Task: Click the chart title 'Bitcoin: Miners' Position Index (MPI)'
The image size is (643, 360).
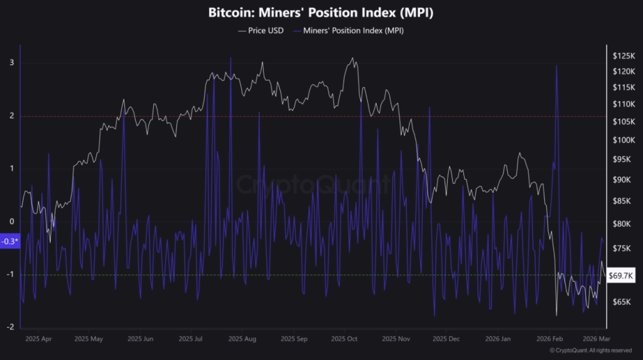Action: (321, 12)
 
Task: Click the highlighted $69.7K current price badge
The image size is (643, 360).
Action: (622, 275)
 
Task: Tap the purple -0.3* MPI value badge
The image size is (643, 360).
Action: (10, 242)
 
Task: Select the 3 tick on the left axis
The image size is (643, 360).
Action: (11, 63)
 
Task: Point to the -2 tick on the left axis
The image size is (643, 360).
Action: (11, 327)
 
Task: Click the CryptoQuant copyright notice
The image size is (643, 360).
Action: (590, 351)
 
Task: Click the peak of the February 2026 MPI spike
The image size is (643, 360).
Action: (557, 66)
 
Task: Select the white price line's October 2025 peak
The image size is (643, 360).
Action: (353, 58)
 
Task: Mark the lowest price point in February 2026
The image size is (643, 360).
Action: (556, 315)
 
